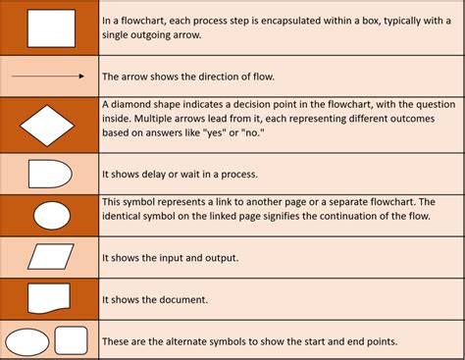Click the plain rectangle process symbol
tap(50, 28)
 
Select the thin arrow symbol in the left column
tap(49, 76)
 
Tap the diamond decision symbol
tap(49, 125)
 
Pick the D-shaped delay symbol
tap(49, 174)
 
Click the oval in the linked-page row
tap(51, 215)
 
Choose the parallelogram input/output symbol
tap(50, 257)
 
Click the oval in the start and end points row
tap(27, 341)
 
